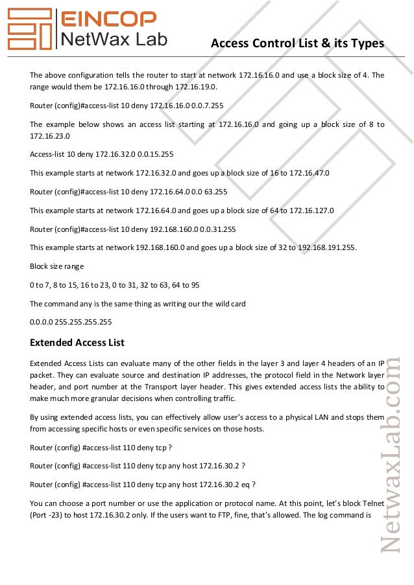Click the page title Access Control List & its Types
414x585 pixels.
coord(297,43)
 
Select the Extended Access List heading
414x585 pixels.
coord(77,342)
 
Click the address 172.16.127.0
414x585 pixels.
coord(308,211)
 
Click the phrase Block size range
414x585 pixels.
coord(56,266)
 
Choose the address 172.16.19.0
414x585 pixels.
coord(193,86)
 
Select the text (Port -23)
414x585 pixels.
coord(47,516)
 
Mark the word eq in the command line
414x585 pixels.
coord(245,485)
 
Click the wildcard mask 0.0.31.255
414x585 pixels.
coord(215,229)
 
